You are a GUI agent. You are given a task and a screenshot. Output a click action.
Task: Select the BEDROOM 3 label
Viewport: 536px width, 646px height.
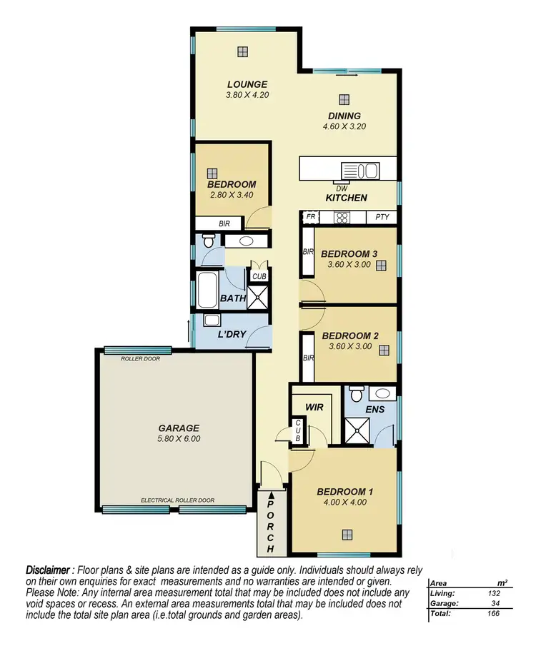(x=349, y=253)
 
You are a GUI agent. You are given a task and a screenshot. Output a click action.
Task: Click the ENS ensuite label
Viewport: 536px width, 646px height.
(x=374, y=409)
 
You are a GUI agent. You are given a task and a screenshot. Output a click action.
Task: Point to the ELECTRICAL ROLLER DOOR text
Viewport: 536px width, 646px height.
(x=177, y=500)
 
